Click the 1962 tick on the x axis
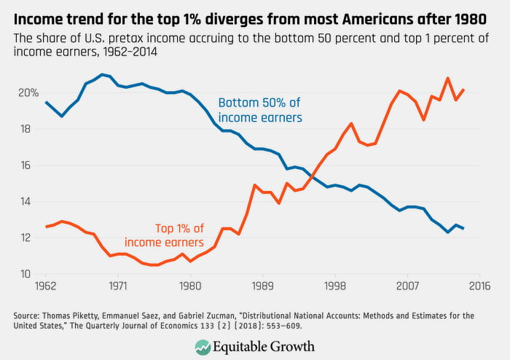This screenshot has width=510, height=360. (x=46, y=286)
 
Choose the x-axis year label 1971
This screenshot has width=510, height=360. (x=118, y=286)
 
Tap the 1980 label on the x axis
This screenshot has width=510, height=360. (x=190, y=286)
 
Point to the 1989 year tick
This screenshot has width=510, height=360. (x=262, y=286)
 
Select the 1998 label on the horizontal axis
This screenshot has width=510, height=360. (x=334, y=286)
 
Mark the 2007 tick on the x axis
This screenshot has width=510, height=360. (x=407, y=286)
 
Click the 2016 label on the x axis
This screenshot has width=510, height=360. (x=479, y=286)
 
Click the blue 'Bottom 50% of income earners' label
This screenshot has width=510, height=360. (x=260, y=110)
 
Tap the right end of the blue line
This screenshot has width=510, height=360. (x=463, y=228)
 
